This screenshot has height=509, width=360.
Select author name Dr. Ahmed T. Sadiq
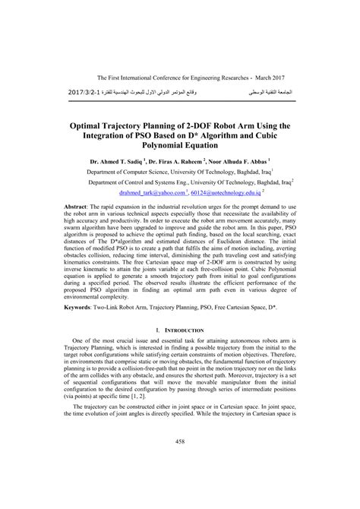(116, 162)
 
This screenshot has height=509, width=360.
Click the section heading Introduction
(184, 352)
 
